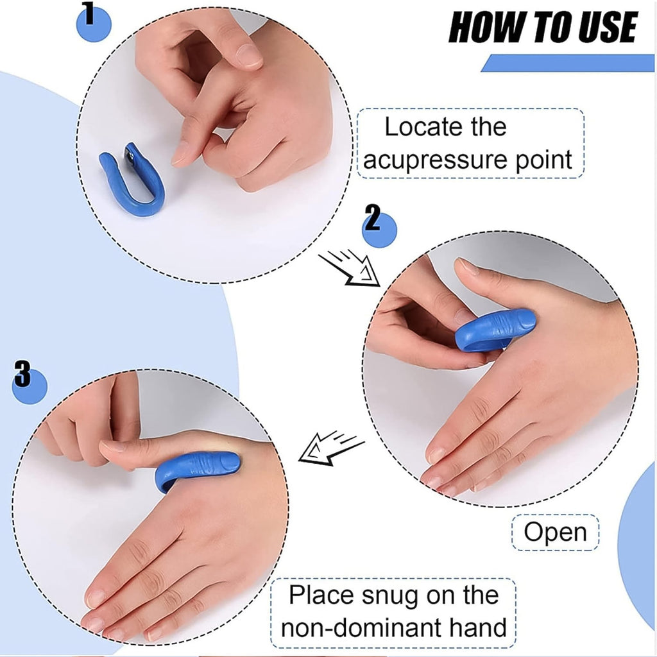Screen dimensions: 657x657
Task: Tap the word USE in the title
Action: (x=604, y=28)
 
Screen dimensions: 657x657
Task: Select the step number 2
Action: (x=372, y=220)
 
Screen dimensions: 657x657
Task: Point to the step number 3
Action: (x=22, y=375)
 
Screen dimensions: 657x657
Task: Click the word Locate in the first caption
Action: (x=417, y=128)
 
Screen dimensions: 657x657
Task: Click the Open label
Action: (x=555, y=533)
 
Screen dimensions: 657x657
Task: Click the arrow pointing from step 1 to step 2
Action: (x=349, y=268)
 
